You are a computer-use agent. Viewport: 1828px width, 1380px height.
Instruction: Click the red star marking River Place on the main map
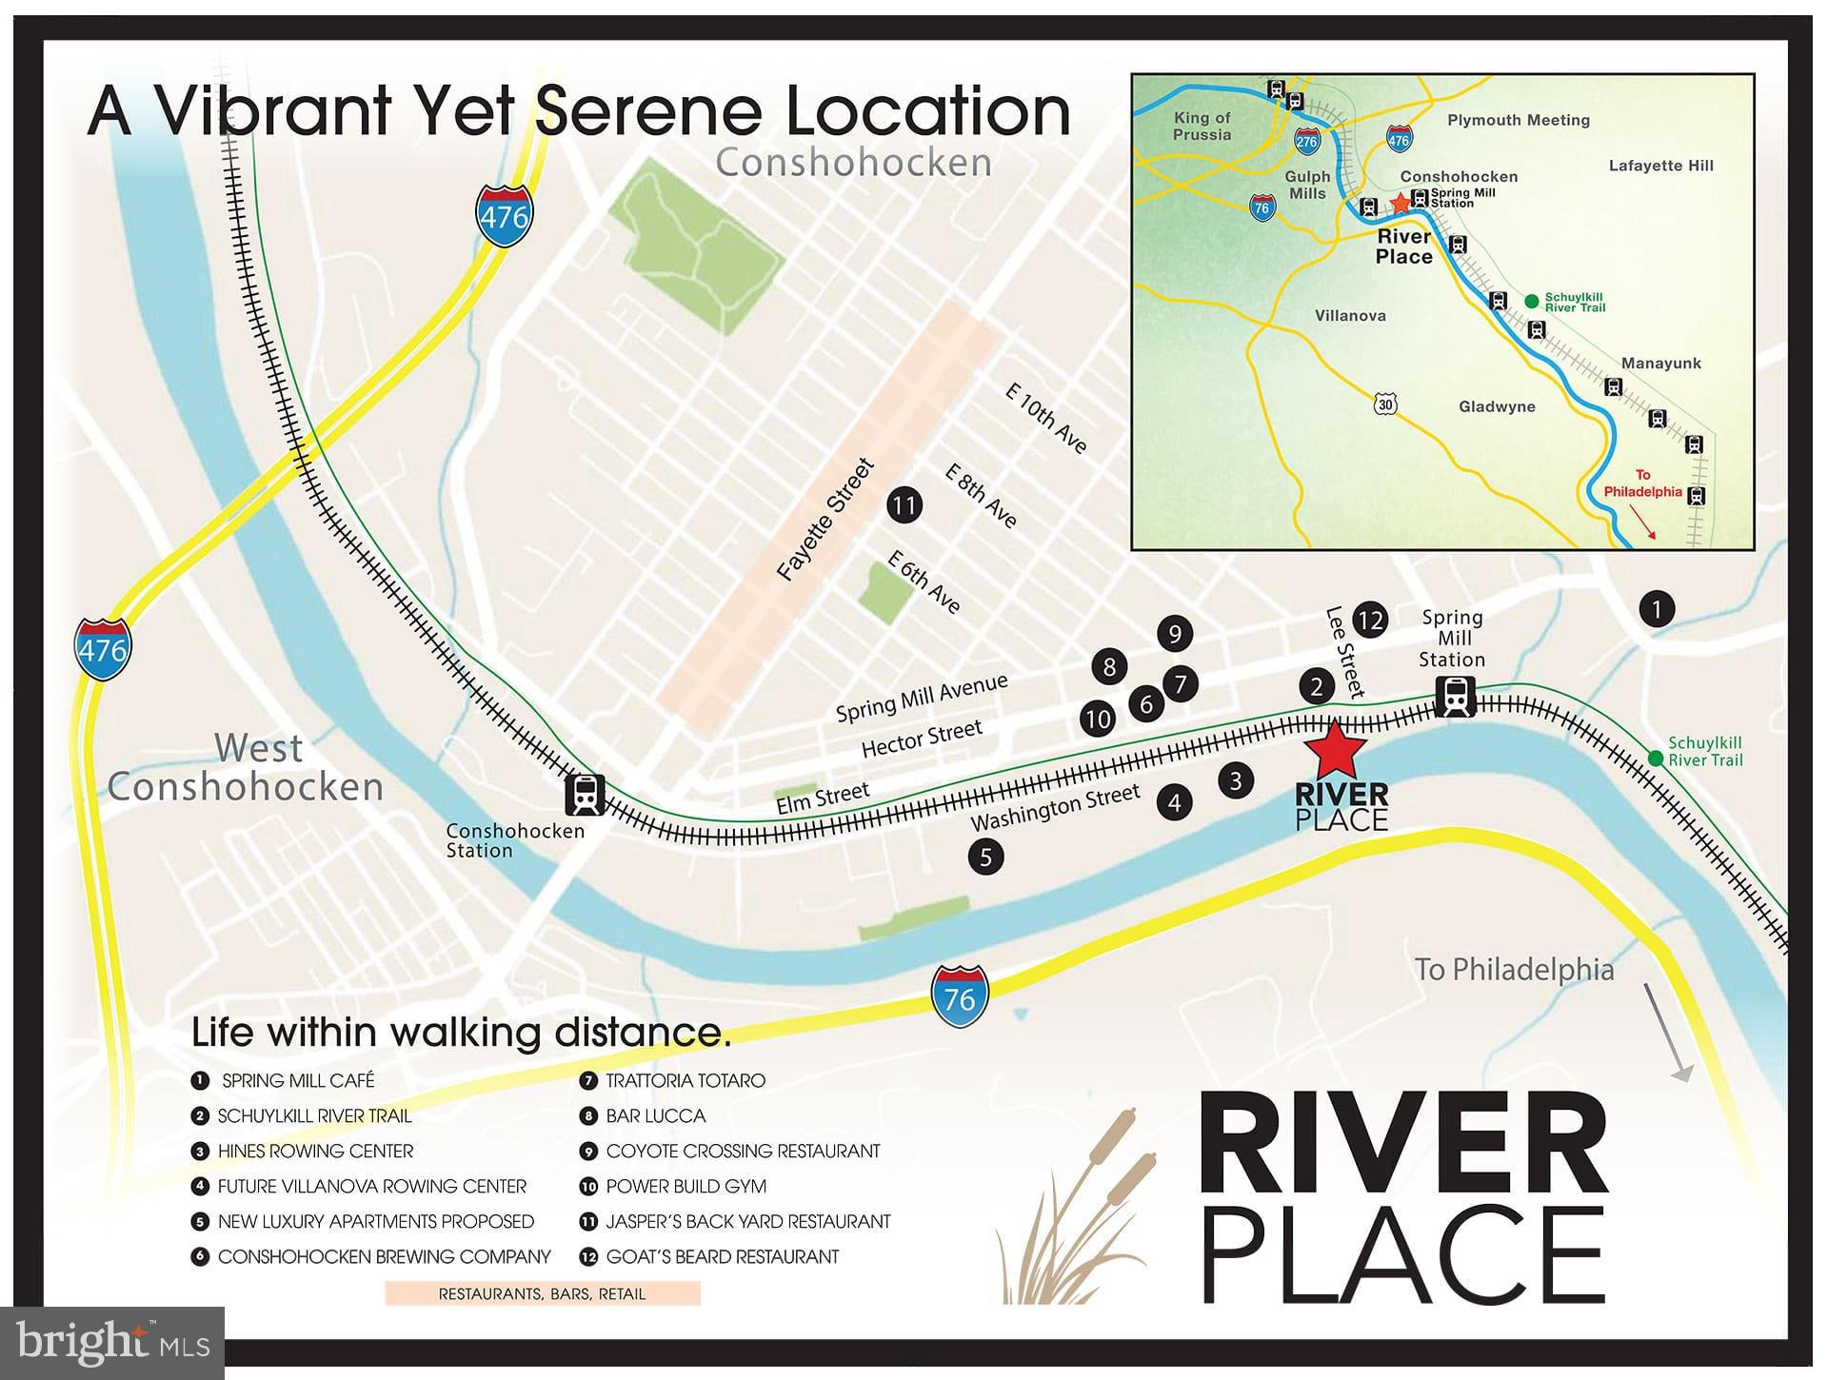pyautogui.click(x=1335, y=750)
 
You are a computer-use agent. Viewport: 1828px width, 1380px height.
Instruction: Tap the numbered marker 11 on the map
pyautogui.click(x=904, y=504)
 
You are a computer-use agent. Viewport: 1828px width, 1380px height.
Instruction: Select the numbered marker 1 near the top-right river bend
pyautogui.click(x=1657, y=608)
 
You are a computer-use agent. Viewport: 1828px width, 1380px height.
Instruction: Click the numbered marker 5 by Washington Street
pyautogui.click(x=985, y=857)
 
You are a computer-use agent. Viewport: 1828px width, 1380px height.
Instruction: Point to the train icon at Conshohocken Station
pyautogui.click(x=585, y=795)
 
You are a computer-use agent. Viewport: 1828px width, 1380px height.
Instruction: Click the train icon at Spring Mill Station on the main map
pyautogui.click(x=1456, y=696)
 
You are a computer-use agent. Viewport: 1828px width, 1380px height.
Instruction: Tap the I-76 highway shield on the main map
pyautogui.click(x=960, y=996)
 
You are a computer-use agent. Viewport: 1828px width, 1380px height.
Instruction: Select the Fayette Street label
pyautogui.click(x=825, y=520)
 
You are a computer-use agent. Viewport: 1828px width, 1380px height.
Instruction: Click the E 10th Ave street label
pyautogui.click(x=1046, y=419)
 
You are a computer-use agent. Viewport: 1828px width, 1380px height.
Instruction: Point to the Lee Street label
pyautogui.click(x=1345, y=652)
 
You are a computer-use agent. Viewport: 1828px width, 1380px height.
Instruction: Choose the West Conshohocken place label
pyautogui.click(x=246, y=767)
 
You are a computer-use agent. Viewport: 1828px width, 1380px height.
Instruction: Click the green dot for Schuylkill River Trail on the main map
pyautogui.click(x=1656, y=759)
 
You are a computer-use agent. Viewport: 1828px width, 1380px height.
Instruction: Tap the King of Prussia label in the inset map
pyautogui.click(x=1202, y=126)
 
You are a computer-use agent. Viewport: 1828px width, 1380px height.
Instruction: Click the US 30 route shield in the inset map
pyautogui.click(x=1385, y=404)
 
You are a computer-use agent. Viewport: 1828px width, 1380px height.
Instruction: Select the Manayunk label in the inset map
pyautogui.click(x=1660, y=363)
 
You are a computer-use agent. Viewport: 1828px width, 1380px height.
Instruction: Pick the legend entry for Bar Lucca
pyautogui.click(x=655, y=1115)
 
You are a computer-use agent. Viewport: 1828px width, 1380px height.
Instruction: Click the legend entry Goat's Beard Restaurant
pyautogui.click(x=722, y=1256)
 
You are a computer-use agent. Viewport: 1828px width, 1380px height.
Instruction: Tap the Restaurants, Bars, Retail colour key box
pyautogui.click(x=543, y=1293)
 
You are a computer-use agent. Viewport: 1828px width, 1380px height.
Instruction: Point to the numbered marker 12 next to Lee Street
pyautogui.click(x=1370, y=621)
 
